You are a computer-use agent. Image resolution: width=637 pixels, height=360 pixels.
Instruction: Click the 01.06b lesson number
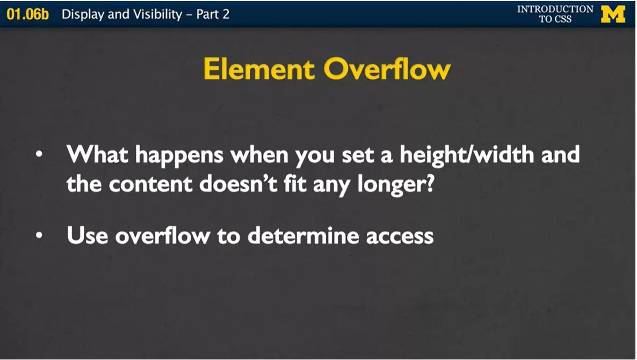click(x=27, y=14)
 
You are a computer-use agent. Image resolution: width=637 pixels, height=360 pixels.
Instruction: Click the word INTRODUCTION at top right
click(x=555, y=9)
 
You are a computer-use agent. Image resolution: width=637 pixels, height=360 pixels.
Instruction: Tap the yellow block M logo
click(x=613, y=14)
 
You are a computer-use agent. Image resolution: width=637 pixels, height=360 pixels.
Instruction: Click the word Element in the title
click(x=259, y=70)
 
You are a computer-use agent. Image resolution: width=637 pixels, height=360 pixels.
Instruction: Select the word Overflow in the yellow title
click(x=387, y=70)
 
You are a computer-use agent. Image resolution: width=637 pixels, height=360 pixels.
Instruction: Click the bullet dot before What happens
click(x=39, y=155)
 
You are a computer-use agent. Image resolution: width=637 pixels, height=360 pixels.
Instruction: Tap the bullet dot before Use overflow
click(x=39, y=235)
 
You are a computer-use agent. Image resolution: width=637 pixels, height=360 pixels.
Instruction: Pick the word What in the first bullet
click(x=97, y=155)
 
